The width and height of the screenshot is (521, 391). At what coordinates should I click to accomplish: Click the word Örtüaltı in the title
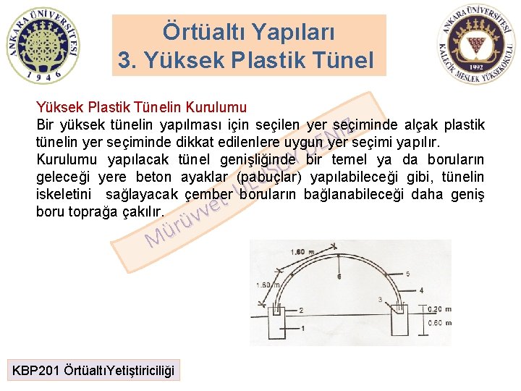pyautogui.click(x=200, y=32)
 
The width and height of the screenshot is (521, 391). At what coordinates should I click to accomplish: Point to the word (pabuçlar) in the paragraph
pyautogui.click(x=269, y=177)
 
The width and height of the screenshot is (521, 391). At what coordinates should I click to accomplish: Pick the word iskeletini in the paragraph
pyautogui.click(x=64, y=195)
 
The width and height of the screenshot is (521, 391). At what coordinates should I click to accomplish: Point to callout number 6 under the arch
pyautogui.click(x=339, y=277)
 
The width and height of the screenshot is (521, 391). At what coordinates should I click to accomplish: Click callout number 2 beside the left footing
pyautogui.click(x=300, y=310)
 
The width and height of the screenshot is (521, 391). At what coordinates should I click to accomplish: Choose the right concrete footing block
pyautogui.click(x=399, y=324)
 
